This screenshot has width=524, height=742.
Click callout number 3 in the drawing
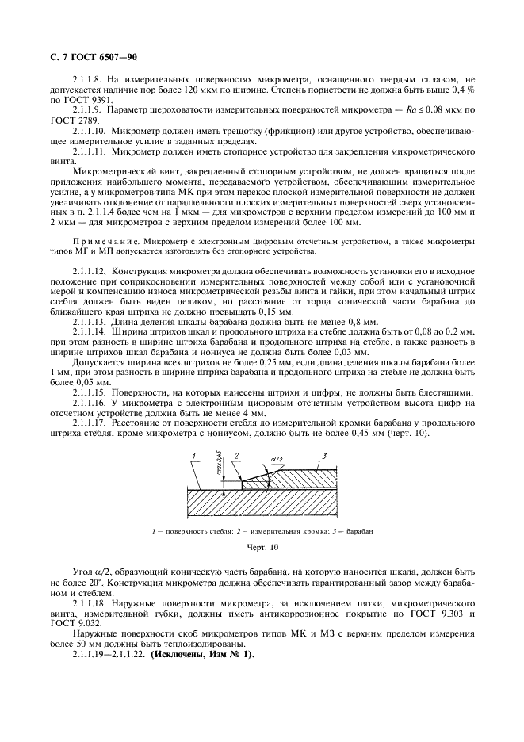[x=324, y=455]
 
